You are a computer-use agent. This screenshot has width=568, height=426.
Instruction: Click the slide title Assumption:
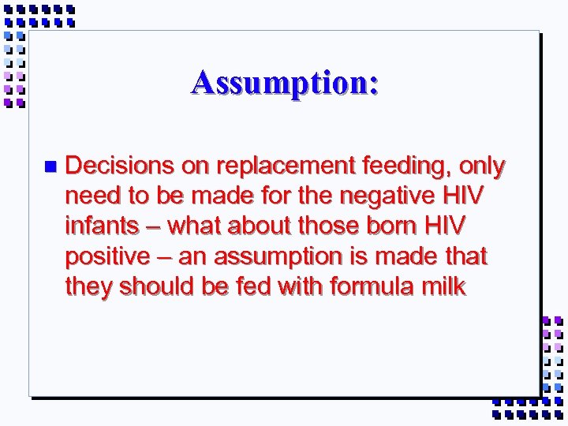pyautogui.click(x=284, y=82)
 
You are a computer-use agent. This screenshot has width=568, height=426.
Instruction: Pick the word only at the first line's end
pyautogui.click(x=481, y=167)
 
